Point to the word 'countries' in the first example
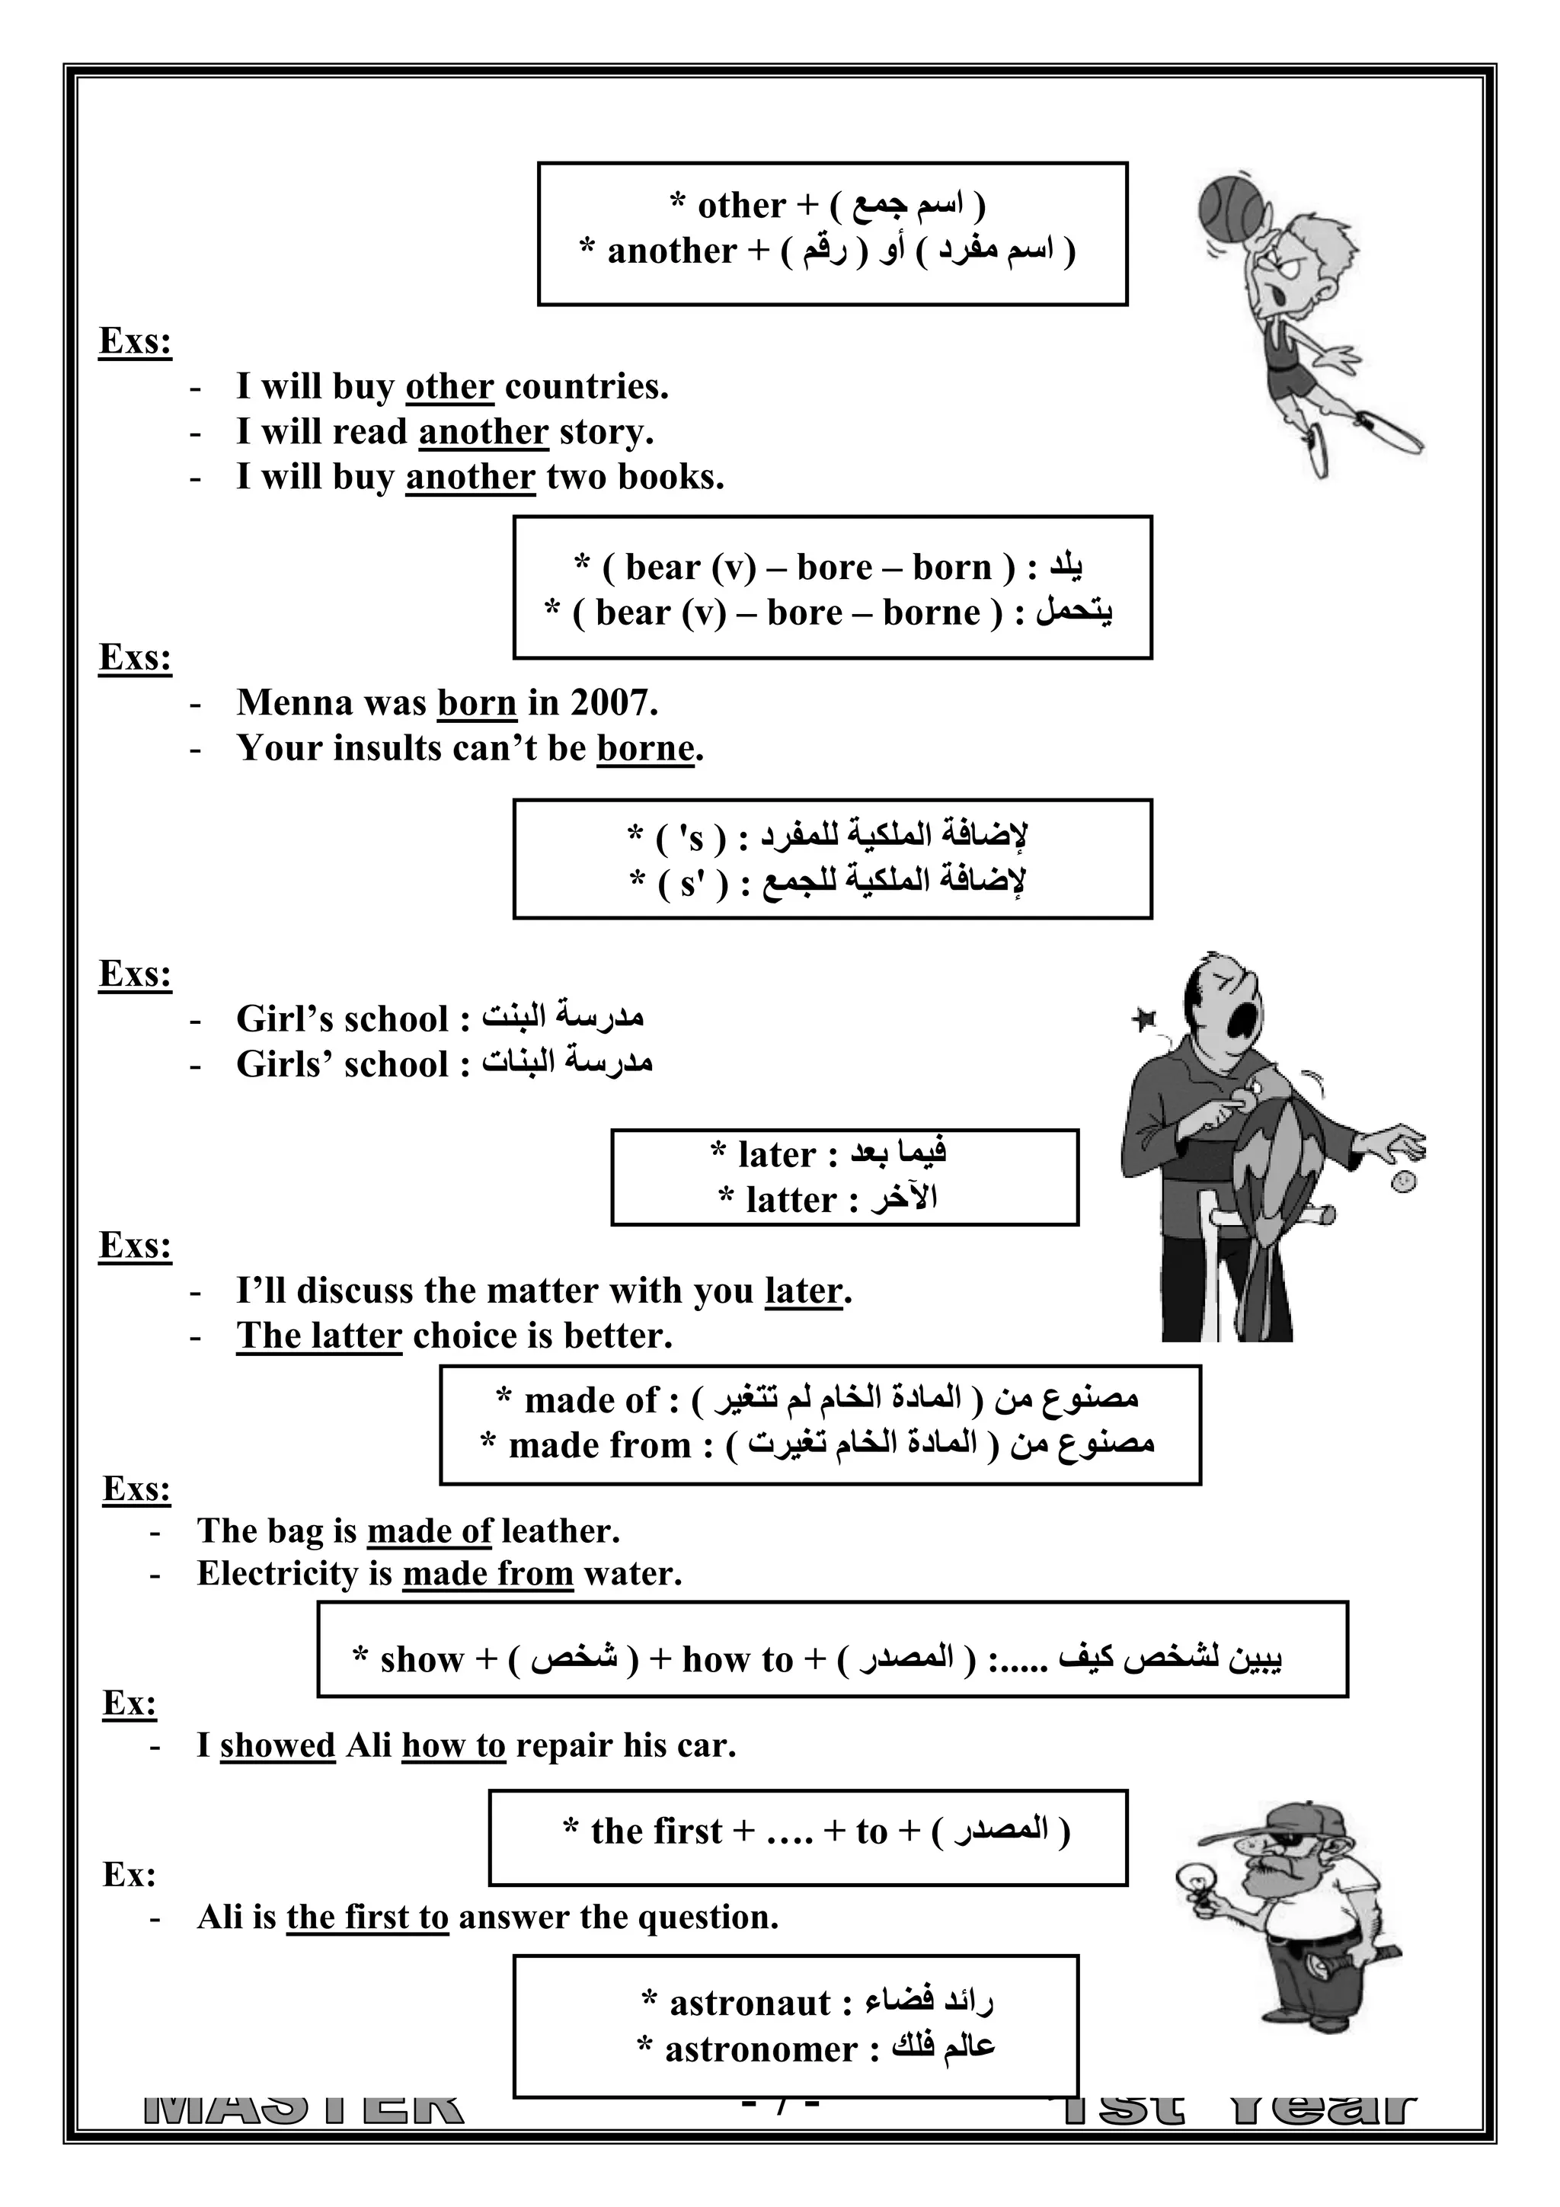pyautogui.click(x=585, y=386)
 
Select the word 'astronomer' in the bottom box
pyautogui.click(x=760, y=2049)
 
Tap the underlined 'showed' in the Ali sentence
pyautogui.click(x=277, y=1745)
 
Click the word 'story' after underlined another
pyautogui.click(x=606, y=432)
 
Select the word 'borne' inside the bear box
pyautogui.click(x=930, y=613)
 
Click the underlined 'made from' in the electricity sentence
pyautogui.click(x=487, y=1574)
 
